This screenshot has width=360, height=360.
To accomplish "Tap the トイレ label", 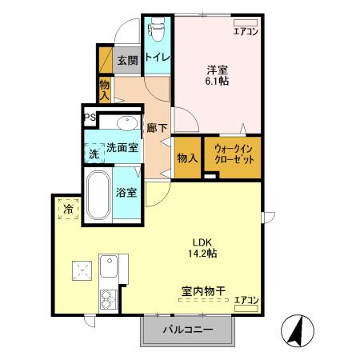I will point(157,58).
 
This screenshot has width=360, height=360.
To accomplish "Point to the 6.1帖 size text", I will point(217,81).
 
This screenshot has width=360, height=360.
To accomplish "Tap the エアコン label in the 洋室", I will point(246,32).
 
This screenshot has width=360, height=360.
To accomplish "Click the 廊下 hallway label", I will point(156,126).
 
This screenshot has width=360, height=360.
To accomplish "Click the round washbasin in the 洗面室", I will point(126,123).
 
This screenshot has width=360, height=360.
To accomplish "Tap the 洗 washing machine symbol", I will point(93,150).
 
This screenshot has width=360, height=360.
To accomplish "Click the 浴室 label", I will point(126,192).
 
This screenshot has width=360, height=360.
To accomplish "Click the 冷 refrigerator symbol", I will point(67,210).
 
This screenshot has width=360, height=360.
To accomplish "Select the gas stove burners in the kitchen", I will point(107,301).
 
